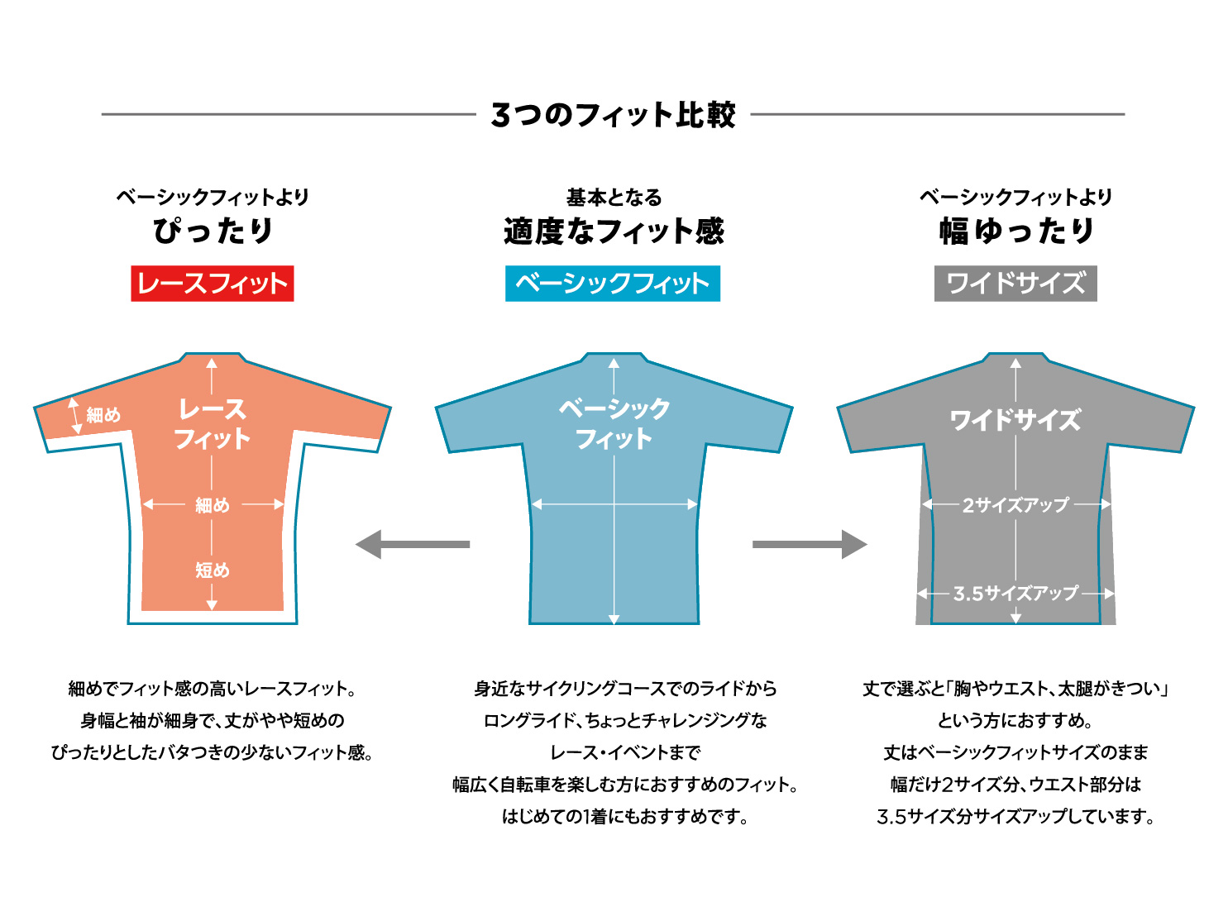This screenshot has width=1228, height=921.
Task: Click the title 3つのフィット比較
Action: click(x=613, y=115)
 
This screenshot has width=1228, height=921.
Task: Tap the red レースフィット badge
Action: click(x=213, y=284)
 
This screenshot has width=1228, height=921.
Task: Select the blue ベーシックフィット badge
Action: click(x=613, y=284)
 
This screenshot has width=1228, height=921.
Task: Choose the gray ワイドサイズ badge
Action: click(x=1015, y=284)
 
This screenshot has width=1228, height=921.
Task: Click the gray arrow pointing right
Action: click(x=810, y=544)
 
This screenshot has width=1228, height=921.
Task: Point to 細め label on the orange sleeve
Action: click(x=103, y=415)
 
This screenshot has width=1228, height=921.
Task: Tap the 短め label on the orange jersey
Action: click(x=213, y=570)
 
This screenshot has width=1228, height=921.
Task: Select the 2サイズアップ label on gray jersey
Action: click(x=1015, y=504)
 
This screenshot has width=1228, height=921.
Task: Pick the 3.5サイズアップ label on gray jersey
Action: click(x=1015, y=593)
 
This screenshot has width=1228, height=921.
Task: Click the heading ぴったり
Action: click(x=213, y=231)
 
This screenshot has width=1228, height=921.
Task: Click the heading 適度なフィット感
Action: click(x=613, y=231)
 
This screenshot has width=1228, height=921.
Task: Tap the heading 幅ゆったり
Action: click(x=1016, y=231)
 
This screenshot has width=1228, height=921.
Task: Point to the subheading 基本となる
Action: click(x=614, y=198)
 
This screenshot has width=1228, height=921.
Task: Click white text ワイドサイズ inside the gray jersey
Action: click(x=1015, y=420)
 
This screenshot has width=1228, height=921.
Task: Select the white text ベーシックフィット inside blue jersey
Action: click(x=614, y=422)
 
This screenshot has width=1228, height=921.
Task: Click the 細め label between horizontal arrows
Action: click(x=213, y=504)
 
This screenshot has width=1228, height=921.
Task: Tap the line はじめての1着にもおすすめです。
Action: click(x=625, y=817)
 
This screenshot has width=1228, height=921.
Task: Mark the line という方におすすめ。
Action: click(x=1015, y=720)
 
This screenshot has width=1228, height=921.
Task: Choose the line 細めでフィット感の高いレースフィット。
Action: click(x=213, y=688)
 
